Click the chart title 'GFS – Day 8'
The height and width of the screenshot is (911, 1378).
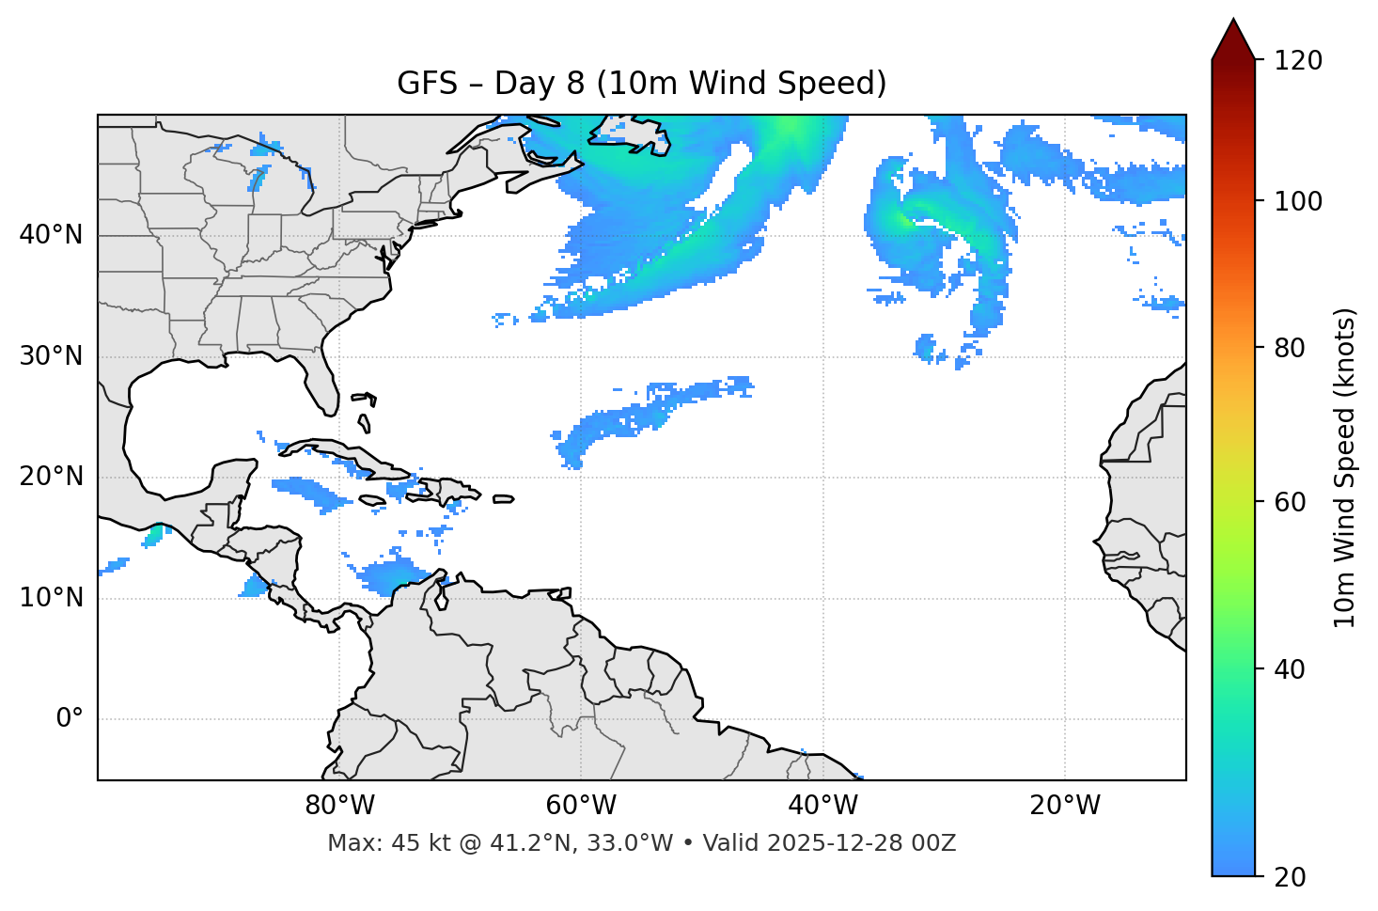tap(641, 84)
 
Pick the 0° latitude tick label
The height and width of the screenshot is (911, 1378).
tap(70, 719)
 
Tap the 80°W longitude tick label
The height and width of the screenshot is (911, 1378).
tap(339, 806)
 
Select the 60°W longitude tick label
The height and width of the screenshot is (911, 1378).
tap(581, 806)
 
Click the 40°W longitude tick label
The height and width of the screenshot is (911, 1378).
tap(822, 806)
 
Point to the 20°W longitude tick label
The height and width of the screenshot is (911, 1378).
tap(1065, 806)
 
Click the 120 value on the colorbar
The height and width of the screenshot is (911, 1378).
tap(1298, 60)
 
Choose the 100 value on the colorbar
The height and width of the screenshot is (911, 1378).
tap(1298, 201)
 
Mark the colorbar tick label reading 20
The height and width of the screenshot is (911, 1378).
tap(1292, 876)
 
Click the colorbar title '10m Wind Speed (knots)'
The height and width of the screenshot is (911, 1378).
tap(1345, 467)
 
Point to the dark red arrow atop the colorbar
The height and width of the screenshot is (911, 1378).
tap(1233, 39)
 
